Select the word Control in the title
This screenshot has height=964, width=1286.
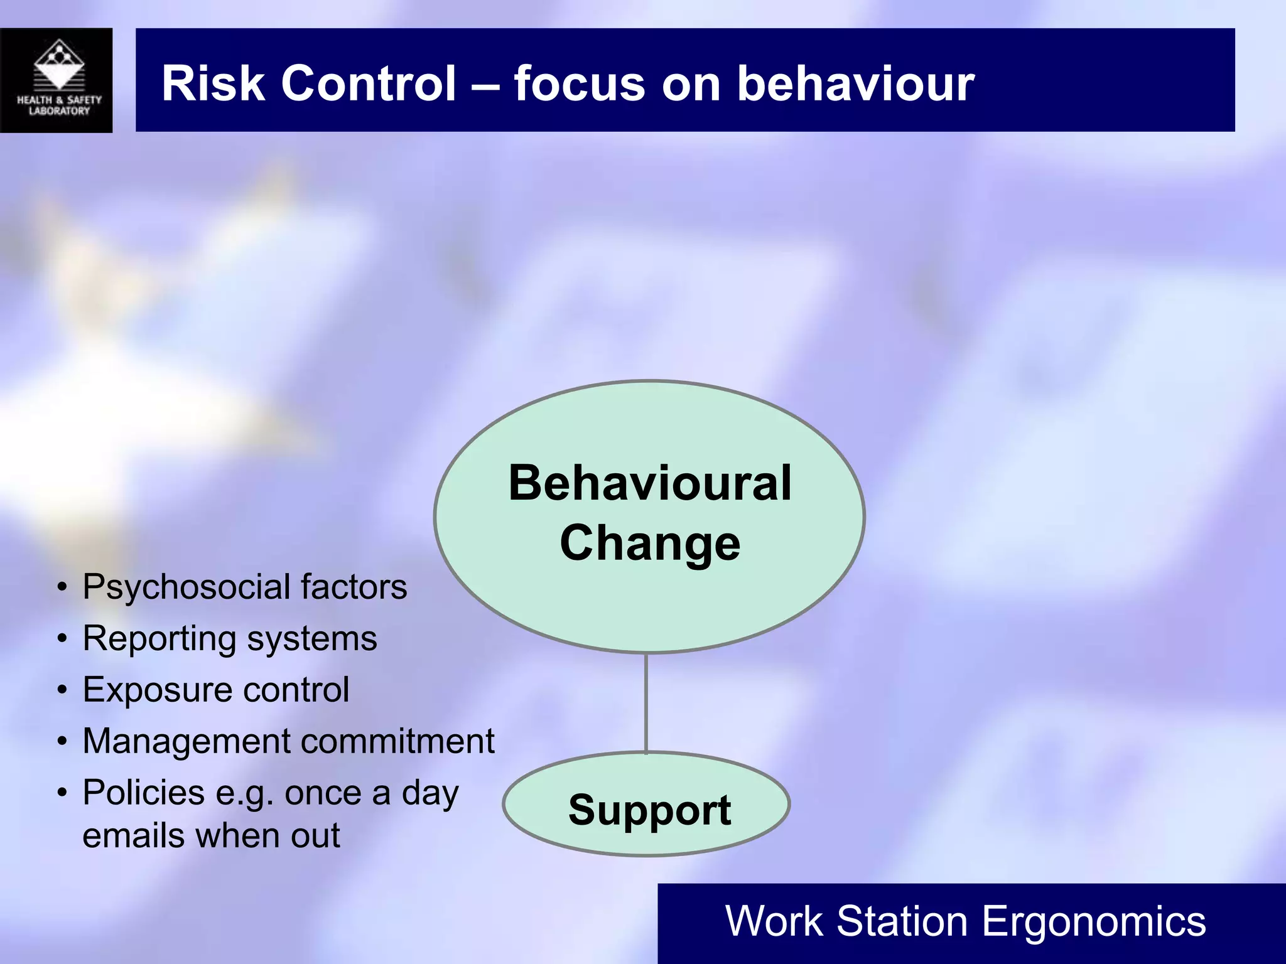(369, 83)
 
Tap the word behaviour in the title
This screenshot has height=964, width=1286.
(855, 83)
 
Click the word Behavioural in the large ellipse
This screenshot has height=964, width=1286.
(650, 483)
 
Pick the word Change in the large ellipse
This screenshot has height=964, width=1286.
(650, 544)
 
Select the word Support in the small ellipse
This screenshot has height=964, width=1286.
(649, 810)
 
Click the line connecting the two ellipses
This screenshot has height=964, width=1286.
(646, 703)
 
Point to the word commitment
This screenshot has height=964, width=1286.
(398, 741)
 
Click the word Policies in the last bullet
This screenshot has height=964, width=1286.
(144, 793)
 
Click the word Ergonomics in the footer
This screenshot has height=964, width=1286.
(1093, 921)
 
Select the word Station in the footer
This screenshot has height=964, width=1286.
(902, 921)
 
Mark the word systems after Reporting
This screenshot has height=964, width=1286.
(311, 640)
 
